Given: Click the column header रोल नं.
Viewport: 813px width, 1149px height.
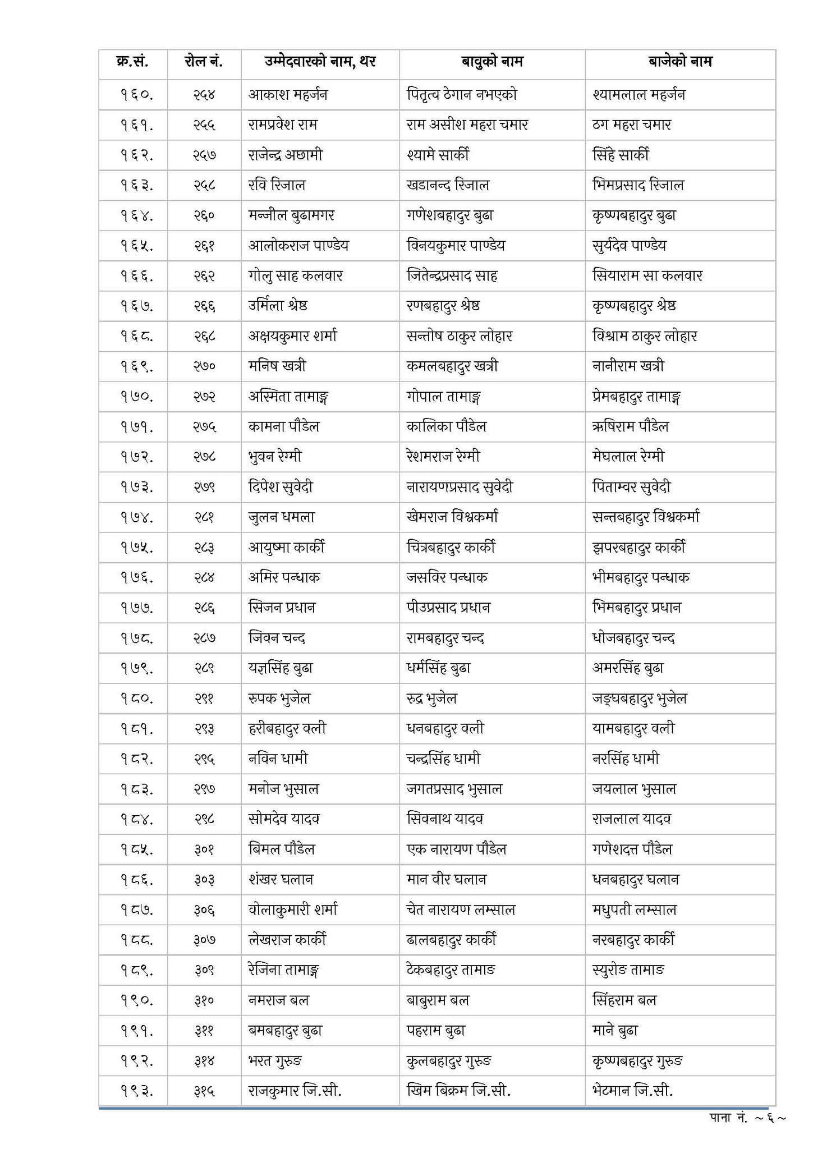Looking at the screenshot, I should [x=204, y=61].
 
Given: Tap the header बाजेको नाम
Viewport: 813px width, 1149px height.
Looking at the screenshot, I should [x=680, y=61].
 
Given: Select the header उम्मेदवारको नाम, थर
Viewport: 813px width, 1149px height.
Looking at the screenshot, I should [x=320, y=61].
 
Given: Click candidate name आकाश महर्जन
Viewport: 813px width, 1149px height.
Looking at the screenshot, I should [x=288, y=95].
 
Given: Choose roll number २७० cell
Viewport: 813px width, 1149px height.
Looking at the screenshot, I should [x=204, y=366].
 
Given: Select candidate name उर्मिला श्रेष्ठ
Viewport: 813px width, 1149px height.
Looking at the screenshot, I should [x=278, y=306].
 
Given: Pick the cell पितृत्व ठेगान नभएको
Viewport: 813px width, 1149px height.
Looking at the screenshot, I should [x=462, y=95].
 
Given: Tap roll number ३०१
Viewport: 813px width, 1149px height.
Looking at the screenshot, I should [x=204, y=849].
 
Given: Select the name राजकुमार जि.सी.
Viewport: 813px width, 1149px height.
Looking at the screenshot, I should [x=295, y=1091].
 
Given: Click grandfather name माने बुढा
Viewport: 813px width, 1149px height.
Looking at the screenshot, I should [x=615, y=1031].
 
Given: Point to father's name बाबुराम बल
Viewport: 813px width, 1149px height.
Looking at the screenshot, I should [x=438, y=1000].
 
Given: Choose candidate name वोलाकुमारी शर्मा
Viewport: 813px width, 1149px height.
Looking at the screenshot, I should [x=293, y=909].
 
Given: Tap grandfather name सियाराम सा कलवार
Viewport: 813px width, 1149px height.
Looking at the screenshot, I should [x=647, y=275].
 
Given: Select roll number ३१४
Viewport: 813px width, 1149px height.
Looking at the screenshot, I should [x=204, y=1061].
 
